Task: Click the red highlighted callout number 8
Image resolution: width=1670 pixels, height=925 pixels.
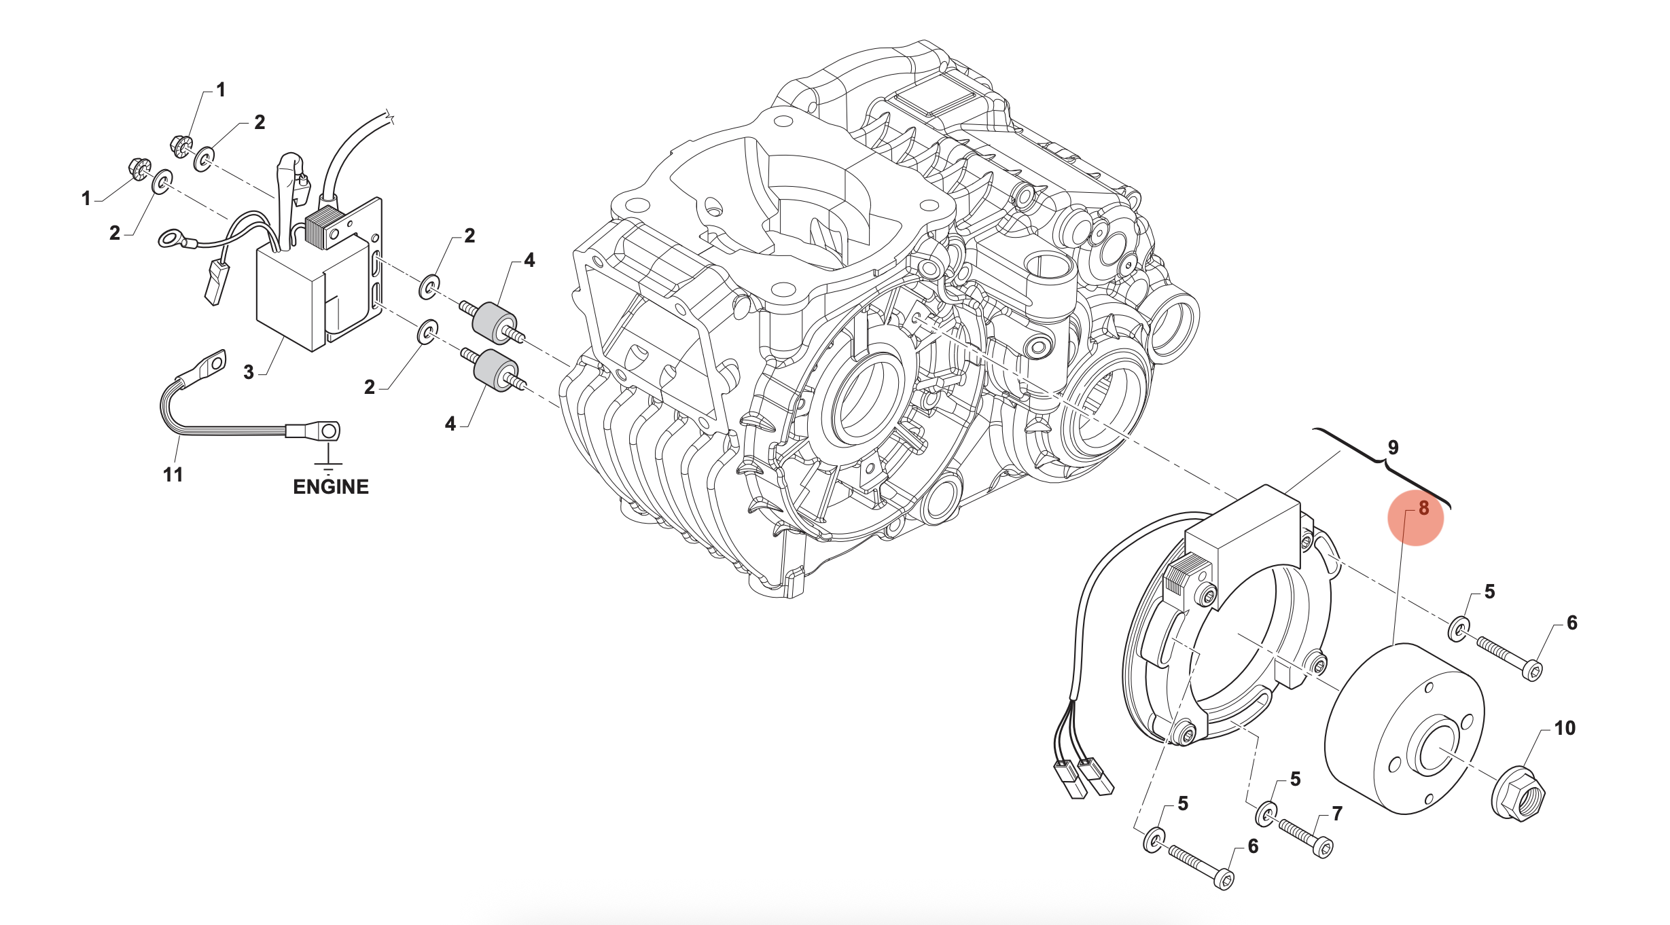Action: click(1423, 509)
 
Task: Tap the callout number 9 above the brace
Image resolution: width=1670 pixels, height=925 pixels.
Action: click(1393, 448)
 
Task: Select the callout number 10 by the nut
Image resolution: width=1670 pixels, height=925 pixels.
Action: click(1565, 729)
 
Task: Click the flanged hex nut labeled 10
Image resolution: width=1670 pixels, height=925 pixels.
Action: click(1518, 793)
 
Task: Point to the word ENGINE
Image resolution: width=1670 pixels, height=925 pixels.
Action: click(330, 487)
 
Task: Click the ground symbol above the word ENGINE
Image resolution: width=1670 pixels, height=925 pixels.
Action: click(328, 465)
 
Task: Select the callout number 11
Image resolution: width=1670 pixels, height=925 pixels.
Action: click(173, 475)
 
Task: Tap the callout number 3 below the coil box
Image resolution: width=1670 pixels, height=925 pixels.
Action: click(249, 372)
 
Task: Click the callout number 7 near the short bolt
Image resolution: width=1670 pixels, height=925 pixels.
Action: click(1336, 814)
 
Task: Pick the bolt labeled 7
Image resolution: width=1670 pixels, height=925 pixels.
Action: click(1304, 837)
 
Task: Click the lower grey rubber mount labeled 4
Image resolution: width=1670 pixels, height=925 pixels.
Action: click(495, 371)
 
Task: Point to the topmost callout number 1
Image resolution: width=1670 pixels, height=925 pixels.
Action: click(220, 90)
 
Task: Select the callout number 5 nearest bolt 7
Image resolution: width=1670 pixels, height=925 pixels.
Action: click(1295, 780)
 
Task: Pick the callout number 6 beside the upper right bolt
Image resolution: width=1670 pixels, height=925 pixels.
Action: click(1571, 623)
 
